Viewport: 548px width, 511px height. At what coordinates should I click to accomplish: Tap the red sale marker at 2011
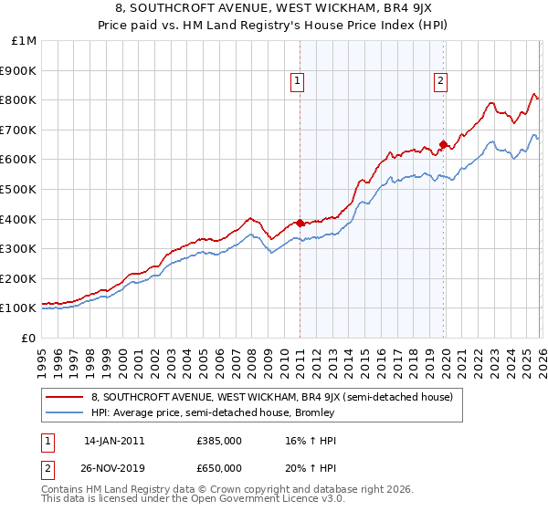tap(300, 223)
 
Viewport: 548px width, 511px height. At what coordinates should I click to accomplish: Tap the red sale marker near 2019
tap(443, 143)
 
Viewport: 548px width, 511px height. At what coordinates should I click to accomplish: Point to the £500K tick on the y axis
tap(18, 189)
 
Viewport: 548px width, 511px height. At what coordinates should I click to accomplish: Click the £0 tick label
tap(28, 338)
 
